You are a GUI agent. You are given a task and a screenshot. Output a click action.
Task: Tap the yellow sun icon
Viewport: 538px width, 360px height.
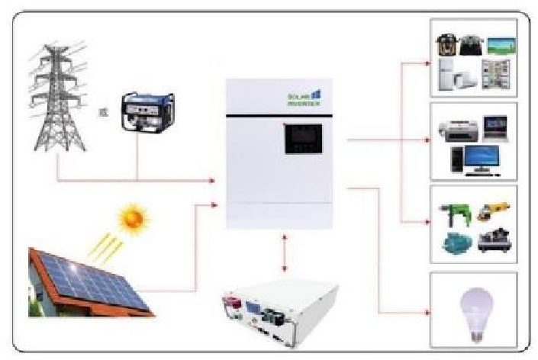[133, 220]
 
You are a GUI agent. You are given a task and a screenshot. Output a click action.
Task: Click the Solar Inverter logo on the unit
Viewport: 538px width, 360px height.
[304, 97]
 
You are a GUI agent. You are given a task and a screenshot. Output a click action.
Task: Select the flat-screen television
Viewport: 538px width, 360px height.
[497, 44]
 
